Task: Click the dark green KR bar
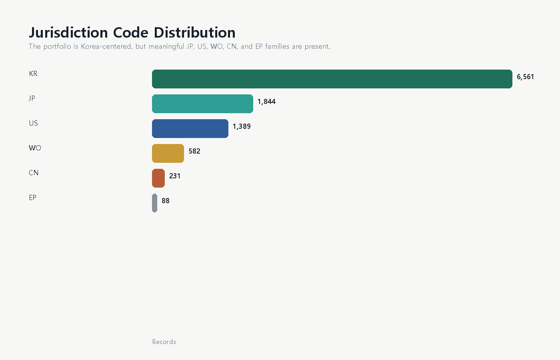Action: click(x=332, y=79)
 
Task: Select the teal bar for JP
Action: click(x=202, y=104)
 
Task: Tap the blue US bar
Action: click(x=190, y=128)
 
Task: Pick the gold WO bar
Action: click(x=168, y=153)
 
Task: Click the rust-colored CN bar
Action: click(x=158, y=178)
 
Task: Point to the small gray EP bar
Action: click(x=154, y=203)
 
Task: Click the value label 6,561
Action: click(x=525, y=77)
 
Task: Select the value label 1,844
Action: click(x=266, y=102)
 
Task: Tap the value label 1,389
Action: click(x=242, y=126)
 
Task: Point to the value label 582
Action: click(x=194, y=151)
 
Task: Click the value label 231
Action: click(x=175, y=176)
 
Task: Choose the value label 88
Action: click(x=166, y=201)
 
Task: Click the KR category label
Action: click(x=33, y=74)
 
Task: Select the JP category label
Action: click(x=32, y=98)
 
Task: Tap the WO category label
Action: click(x=35, y=148)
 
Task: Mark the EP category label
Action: click(x=32, y=198)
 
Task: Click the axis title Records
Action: click(x=164, y=342)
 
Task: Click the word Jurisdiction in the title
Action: click(x=68, y=33)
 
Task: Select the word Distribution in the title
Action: click(x=194, y=32)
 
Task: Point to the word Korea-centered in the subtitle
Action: click(x=106, y=46)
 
